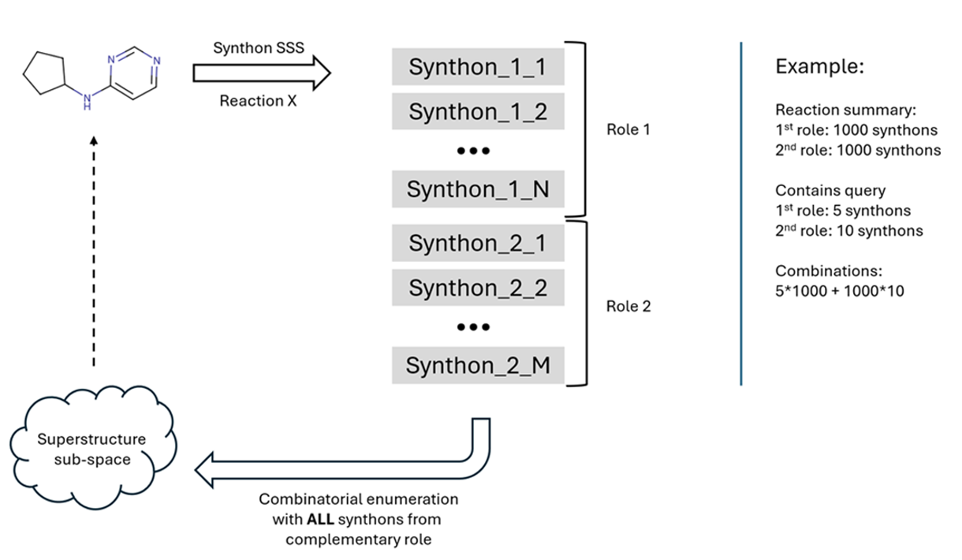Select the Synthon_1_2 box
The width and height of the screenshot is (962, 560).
point(477,112)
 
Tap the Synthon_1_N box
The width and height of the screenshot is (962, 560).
point(477,189)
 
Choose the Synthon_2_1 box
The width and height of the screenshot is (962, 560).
point(477,243)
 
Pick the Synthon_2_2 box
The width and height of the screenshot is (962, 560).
point(477,288)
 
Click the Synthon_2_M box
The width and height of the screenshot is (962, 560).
point(477,366)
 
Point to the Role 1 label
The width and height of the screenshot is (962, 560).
point(628,129)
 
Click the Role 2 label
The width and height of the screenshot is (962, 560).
point(628,306)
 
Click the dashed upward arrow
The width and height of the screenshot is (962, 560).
point(94,252)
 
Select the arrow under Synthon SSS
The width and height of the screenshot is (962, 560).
point(261,74)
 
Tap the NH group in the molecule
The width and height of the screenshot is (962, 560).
point(88,100)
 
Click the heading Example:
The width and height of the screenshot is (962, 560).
point(820,67)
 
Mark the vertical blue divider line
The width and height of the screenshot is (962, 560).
point(741,213)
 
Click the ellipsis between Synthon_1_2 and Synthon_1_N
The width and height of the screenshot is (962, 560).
point(474,151)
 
